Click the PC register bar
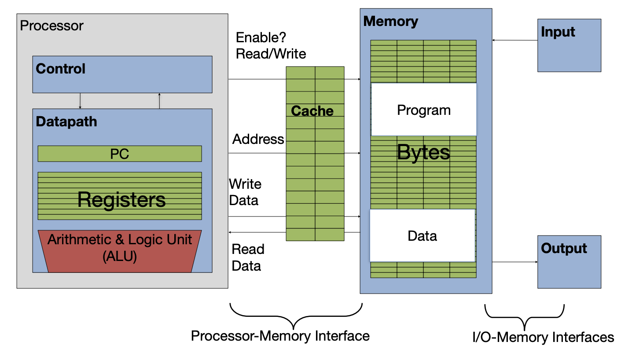click(x=119, y=154)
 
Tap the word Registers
click(x=121, y=200)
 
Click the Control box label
click(x=61, y=69)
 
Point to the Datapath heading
click(x=66, y=122)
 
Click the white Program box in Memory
click(x=424, y=110)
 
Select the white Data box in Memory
click(x=422, y=236)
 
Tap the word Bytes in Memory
click(x=423, y=153)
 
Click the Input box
click(x=569, y=45)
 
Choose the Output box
click(x=569, y=262)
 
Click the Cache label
click(x=312, y=111)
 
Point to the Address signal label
click(x=258, y=140)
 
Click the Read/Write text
click(x=271, y=54)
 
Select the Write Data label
click(x=245, y=192)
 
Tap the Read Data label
click(x=248, y=257)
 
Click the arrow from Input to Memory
click(x=515, y=40)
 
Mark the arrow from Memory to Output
click(x=515, y=262)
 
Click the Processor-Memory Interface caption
click(x=280, y=336)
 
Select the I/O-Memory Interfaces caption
click(x=543, y=338)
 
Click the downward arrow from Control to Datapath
click(x=80, y=101)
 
